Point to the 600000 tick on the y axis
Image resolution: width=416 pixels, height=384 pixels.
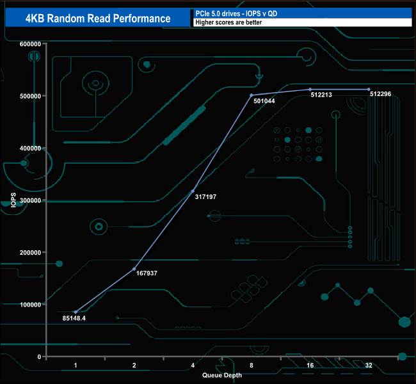30,44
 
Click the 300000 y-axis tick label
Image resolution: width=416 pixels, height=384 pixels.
30,200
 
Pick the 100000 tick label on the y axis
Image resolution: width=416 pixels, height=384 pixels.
30,305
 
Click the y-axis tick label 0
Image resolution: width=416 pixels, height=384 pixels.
39,357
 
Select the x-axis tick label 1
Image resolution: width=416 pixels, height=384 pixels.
76,365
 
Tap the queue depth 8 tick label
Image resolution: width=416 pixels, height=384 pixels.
252,365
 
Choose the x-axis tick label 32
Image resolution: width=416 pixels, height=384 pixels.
369,365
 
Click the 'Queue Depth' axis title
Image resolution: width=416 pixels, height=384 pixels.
222,375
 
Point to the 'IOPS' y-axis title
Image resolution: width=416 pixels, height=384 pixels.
13,200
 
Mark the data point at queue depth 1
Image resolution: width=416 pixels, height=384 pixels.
76,312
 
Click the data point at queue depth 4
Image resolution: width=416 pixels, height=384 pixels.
193,191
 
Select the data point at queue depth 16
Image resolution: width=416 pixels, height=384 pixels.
310,90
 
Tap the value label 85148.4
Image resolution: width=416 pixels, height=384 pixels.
74,319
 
